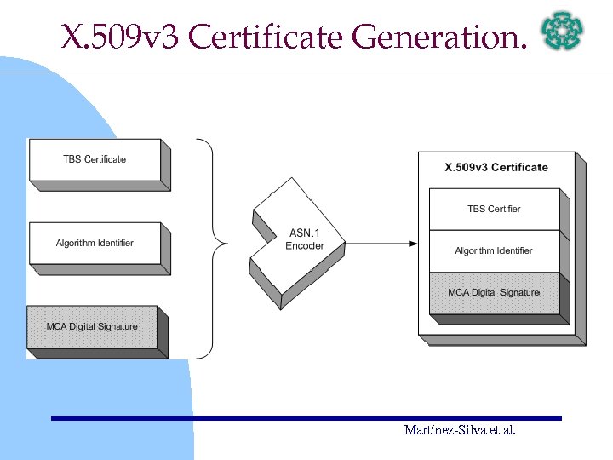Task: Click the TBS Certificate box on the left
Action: point(95,160)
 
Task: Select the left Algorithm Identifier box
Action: point(95,244)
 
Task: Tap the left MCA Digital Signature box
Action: point(92,327)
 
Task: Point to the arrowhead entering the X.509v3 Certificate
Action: point(414,244)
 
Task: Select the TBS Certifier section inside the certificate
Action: point(494,210)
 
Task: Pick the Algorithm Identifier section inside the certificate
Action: point(494,251)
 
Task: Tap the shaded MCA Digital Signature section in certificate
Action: point(494,293)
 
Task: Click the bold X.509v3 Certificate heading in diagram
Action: point(496,168)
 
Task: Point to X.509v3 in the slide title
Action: point(122,37)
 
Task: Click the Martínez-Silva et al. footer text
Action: point(460,431)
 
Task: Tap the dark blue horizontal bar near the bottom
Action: point(306,418)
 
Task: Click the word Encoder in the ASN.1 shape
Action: point(305,247)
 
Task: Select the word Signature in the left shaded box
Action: point(115,327)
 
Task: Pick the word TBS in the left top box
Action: point(72,160)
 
